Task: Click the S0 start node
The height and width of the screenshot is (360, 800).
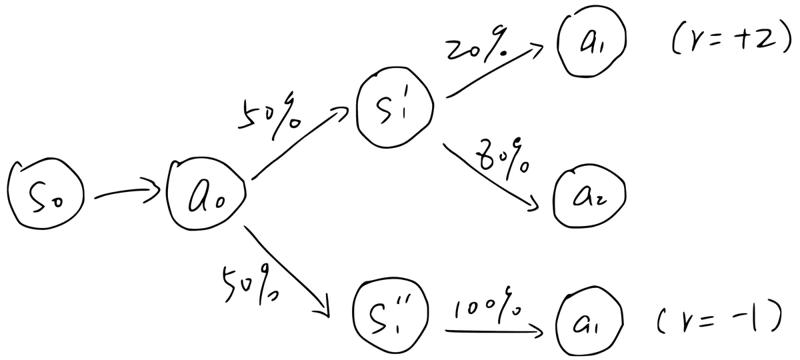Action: point(45,194)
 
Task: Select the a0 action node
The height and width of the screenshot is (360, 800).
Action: point(206,193)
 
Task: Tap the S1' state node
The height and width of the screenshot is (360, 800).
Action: point(395,107)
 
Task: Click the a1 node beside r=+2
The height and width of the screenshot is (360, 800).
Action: point(591,41)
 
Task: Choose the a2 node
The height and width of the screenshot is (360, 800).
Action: point(589,196)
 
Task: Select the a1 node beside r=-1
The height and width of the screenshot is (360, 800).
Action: point(589,321)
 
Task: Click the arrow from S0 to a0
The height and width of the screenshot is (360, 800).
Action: point(127,191)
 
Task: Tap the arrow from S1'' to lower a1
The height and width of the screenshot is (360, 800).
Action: point(494,331)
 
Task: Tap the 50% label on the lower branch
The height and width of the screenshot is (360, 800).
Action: point(250,284)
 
